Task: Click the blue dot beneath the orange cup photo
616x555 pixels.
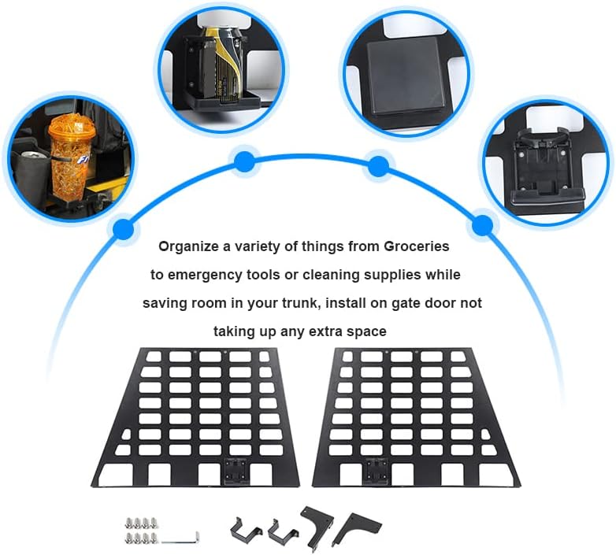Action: tap(122, 229)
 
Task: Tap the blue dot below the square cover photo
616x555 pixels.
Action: tap(378, 166)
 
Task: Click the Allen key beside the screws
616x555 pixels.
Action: tap(181, 538)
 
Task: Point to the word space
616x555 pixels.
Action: tap(367, 331)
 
